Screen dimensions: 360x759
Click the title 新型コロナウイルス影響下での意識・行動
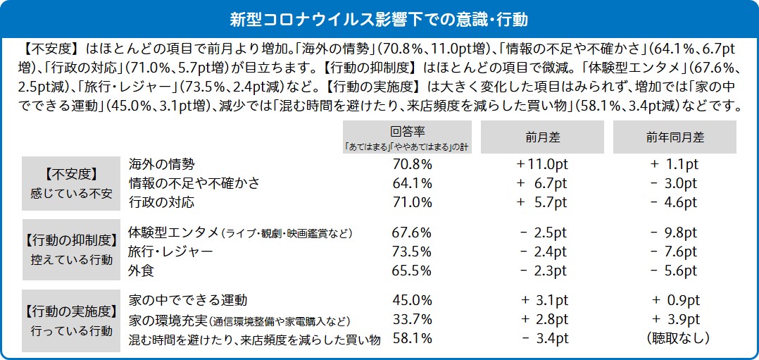tap(379, 17)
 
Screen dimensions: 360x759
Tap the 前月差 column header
tap(541, 137)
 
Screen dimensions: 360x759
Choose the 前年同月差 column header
tap(674, 137)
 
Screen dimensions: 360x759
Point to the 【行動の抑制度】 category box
tap(70, 251)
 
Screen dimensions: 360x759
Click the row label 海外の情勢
tap(161, 164)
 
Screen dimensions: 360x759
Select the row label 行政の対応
tap(161, 203)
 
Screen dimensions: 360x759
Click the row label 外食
tap(142, 271)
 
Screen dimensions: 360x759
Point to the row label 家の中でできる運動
tap(188, 301)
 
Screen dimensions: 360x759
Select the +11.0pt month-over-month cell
tap(541, 164)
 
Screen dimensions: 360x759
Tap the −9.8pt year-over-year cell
tap(674, 232)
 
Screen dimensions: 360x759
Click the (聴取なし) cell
tap(674, 339)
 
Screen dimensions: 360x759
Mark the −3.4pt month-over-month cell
tap(544, 339)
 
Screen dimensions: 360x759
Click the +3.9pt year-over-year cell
tap(674, 320)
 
